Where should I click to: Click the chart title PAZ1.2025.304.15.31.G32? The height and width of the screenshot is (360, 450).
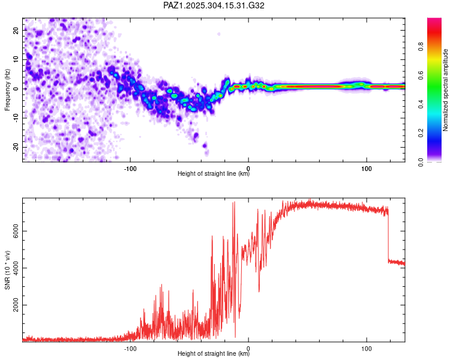click(214, 5)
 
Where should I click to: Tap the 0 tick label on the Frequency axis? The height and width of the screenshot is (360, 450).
click(16, 88)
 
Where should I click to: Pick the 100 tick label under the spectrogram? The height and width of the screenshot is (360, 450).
click(366, 167)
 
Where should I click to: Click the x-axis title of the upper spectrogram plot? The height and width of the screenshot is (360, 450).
click(214, 174)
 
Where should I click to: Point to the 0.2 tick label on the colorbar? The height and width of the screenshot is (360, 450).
click(439, 134)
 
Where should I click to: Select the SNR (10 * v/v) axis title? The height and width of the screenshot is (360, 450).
click(7, 270)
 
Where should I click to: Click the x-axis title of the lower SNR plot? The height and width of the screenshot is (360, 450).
click(214, 354)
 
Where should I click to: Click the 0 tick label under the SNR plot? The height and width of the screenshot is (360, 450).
click(248, 347)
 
